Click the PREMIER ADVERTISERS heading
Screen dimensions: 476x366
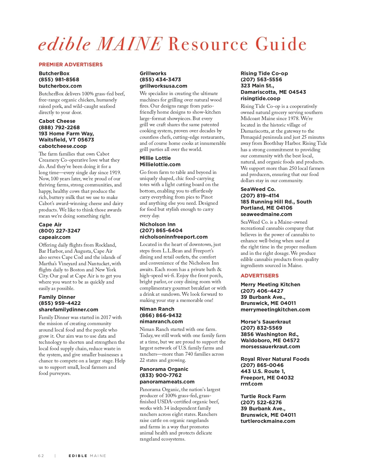coord(70,64)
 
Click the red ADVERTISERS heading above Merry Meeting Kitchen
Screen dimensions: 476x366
coord(260,276)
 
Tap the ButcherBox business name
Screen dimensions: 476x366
coord(54,73)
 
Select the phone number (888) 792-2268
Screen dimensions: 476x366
coord(59,127)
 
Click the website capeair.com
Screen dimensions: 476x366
coord(55,237)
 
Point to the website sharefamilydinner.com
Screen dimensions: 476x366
coord(68,309)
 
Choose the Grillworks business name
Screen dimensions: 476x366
coord(153,73)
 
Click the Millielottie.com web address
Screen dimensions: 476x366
coord(160,164)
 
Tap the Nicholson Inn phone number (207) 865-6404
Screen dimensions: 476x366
coord(161,230)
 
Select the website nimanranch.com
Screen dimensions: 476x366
coord(161,321)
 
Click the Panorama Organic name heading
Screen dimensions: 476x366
coord(164,369)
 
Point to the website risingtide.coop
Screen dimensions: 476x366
coord(260,98)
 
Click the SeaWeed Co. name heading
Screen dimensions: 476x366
coord(258,189)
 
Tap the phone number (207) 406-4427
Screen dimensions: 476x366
coord(262,291)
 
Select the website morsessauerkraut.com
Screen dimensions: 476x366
coord(270,346)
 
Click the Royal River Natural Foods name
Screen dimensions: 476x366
coord(275,359)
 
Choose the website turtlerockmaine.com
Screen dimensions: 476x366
coord(268,421)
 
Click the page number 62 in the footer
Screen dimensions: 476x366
coord(41,456)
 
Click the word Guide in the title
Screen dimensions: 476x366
coord(281,44)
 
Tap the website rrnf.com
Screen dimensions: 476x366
coord(252,384)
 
